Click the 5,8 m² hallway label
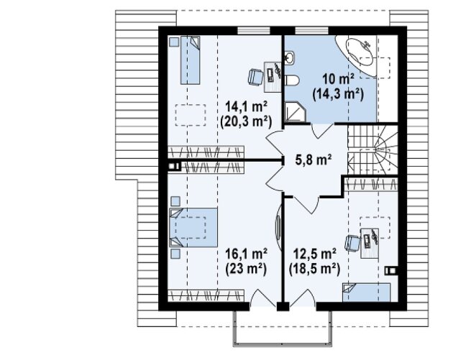tap(314, 159)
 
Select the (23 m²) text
tap(246, 269)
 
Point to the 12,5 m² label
tap(314, 254)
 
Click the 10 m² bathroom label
tap(338, 79)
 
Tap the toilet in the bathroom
tap(291, 80)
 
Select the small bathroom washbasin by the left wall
tap(289, 57)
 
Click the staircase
tap(372, 149)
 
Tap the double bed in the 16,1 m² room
tap(193, 227)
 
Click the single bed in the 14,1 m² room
tap(190, 60)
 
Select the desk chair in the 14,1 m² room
tap(256, 77)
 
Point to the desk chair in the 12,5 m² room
tap(352, 243)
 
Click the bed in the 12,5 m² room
tap(367, 292)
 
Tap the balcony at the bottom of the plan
tap(283, 328)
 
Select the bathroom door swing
tap(322, 131)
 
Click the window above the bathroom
tap(311, 31)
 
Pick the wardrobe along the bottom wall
tap(206, 296)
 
